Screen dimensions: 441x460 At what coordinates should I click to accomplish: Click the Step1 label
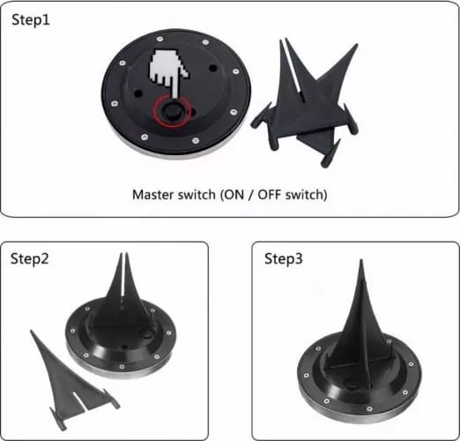point(33,19)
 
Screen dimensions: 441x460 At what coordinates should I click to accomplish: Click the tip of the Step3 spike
point(360,264)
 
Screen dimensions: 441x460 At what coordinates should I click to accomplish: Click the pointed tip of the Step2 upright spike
point(122,255)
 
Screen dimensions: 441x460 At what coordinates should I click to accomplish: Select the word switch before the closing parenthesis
point(308,194)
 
